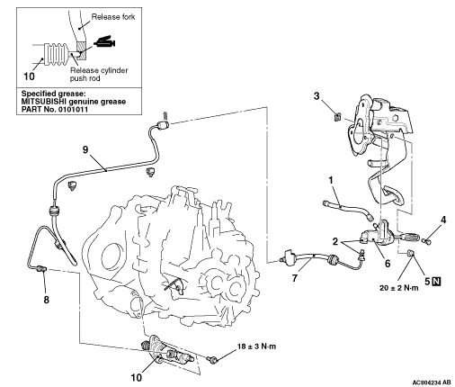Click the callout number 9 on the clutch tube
click(85, 149)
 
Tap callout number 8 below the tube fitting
click(46, 300)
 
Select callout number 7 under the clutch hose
click(295, 278)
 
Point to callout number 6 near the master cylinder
click(388, 264)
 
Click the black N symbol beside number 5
click(437, 281)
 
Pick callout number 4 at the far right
click(443, 220)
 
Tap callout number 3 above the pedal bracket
click(317, 96)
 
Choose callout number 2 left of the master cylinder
click(335, 241)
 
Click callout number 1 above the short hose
click(331, 180)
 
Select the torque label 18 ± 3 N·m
click(257, 346)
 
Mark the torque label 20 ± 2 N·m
click(399, 288)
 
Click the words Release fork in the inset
click(113, 17)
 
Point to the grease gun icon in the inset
click(105, 42)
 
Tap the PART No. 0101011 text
click(55, 109)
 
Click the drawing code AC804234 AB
click(432, 382)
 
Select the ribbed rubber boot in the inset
click(56, 55)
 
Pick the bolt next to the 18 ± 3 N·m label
click(212, 359)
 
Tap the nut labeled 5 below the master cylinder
click(410, 254)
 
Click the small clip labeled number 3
click(337, 116)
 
